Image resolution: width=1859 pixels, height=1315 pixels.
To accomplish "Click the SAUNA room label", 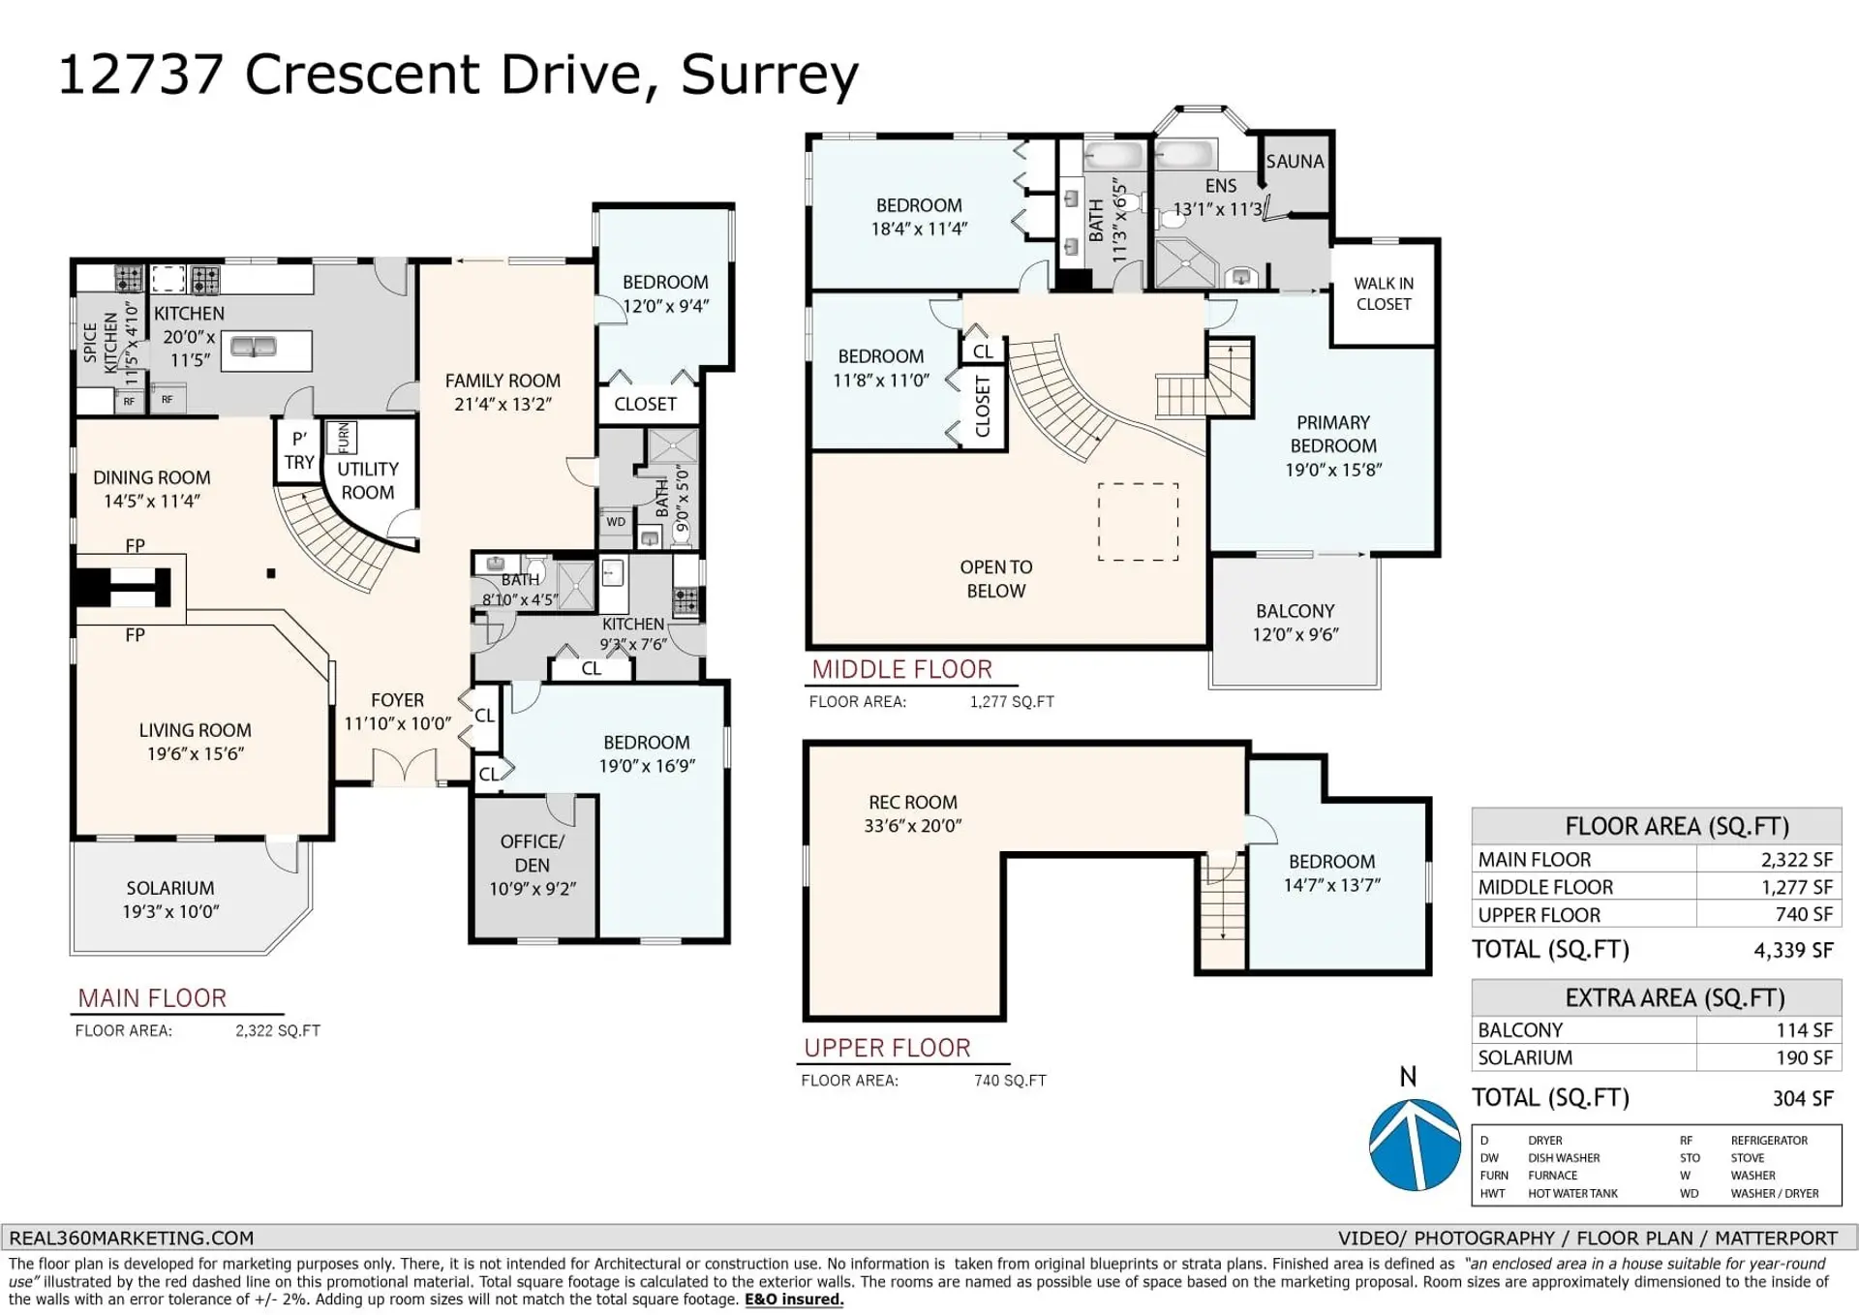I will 1295,162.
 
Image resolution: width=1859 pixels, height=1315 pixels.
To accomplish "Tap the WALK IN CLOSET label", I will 1384,293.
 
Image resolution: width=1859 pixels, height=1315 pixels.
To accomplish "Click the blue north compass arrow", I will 1415,1145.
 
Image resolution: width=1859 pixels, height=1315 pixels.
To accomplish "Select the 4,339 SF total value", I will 1793,950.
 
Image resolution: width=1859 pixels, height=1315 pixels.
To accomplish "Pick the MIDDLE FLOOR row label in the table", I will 1545,887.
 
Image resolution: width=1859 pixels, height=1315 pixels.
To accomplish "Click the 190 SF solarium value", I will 1804,1057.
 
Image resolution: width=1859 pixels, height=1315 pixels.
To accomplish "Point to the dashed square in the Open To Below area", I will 1138,522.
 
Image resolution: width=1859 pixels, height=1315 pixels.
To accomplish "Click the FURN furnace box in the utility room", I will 342,438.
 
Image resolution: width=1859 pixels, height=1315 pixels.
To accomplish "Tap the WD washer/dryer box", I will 616,522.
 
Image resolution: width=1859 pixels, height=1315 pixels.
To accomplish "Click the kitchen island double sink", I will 253,347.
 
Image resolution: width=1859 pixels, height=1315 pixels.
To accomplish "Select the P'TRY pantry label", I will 299,450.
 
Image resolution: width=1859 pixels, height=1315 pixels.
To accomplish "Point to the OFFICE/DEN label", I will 533,853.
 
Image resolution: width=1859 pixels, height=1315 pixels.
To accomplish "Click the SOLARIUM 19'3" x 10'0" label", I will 170,900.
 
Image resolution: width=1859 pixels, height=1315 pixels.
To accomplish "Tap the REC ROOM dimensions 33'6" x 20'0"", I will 912,826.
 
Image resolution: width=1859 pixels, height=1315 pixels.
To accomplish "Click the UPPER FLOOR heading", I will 887,1048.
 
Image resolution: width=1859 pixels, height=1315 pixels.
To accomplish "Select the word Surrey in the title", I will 769,74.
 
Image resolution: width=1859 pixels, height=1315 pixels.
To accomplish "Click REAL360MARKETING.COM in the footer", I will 132,1238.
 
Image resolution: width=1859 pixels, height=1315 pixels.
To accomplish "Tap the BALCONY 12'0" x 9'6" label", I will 1295,623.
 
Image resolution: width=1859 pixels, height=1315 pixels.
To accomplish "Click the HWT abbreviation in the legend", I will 1492,1193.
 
